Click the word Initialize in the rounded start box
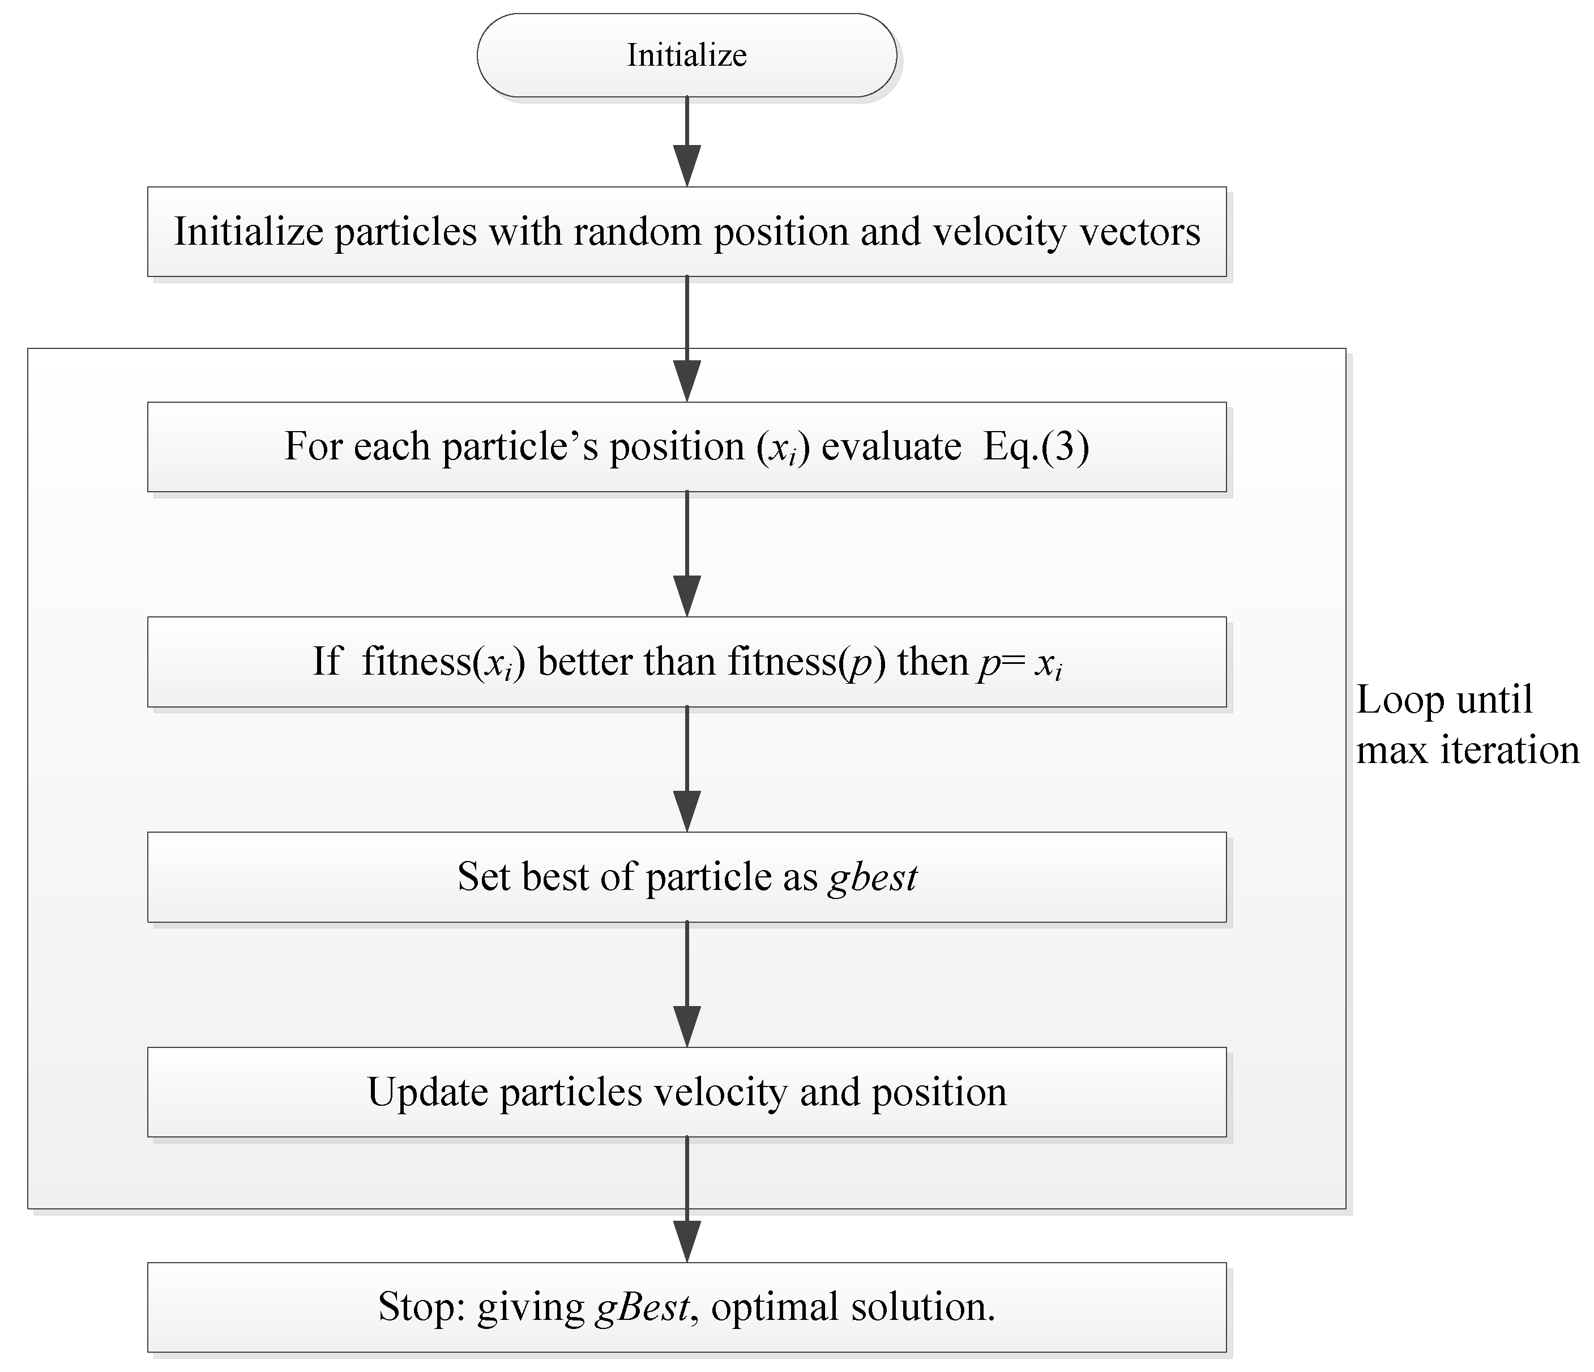[x=686, y=56]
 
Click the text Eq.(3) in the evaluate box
[x=1036, y=446]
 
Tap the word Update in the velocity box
[x=427, y=1092]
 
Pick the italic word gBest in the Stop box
[x=642, y=1307]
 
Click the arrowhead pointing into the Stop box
[x=686, y=1241]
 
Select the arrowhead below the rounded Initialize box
[x=686, y=165]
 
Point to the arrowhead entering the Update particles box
[x=686, y=1026]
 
